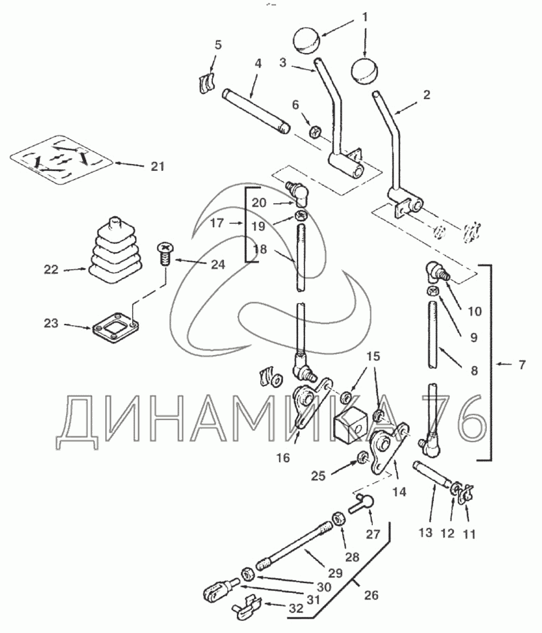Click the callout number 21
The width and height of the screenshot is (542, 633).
pyautogui.click(x=157, y=167)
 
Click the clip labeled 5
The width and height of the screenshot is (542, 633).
pyautogui.click(x=205, y=84)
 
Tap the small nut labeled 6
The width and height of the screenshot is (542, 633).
pyautogui.click(x=314, y=132)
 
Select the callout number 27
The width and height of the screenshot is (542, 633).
pyautogui.click(x=373, y=535)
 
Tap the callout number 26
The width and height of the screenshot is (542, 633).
pyautogui.click(x=372, y=595)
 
